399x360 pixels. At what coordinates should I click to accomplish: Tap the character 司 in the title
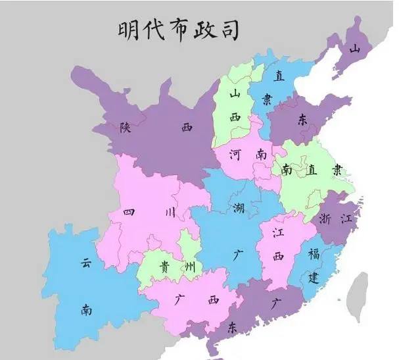click(x=227, y=30)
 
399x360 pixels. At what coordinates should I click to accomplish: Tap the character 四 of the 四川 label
click(x=129, y=212)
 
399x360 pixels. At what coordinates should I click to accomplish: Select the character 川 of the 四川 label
click(x=170, y=212)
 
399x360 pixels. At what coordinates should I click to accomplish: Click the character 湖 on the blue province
click(x=237, y=209)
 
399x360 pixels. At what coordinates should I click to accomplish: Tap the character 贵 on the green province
click(x=162, y=267)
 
